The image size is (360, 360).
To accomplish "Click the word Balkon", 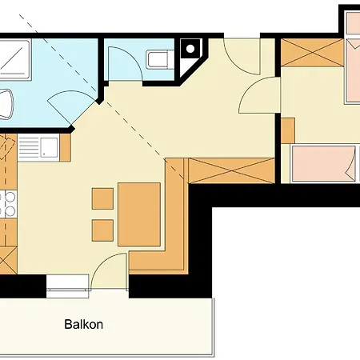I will pyautogui.click(x=83, y=326).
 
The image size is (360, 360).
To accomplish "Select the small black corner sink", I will pyautogui.click(x=190, y=48).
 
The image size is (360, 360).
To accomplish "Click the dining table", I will pyautogui.click(x=140, y=213).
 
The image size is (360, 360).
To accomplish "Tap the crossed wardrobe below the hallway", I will pyautogui.click(x=230, y=170).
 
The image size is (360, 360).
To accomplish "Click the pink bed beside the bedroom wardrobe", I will pyautogui.click(x=352, y=72).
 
